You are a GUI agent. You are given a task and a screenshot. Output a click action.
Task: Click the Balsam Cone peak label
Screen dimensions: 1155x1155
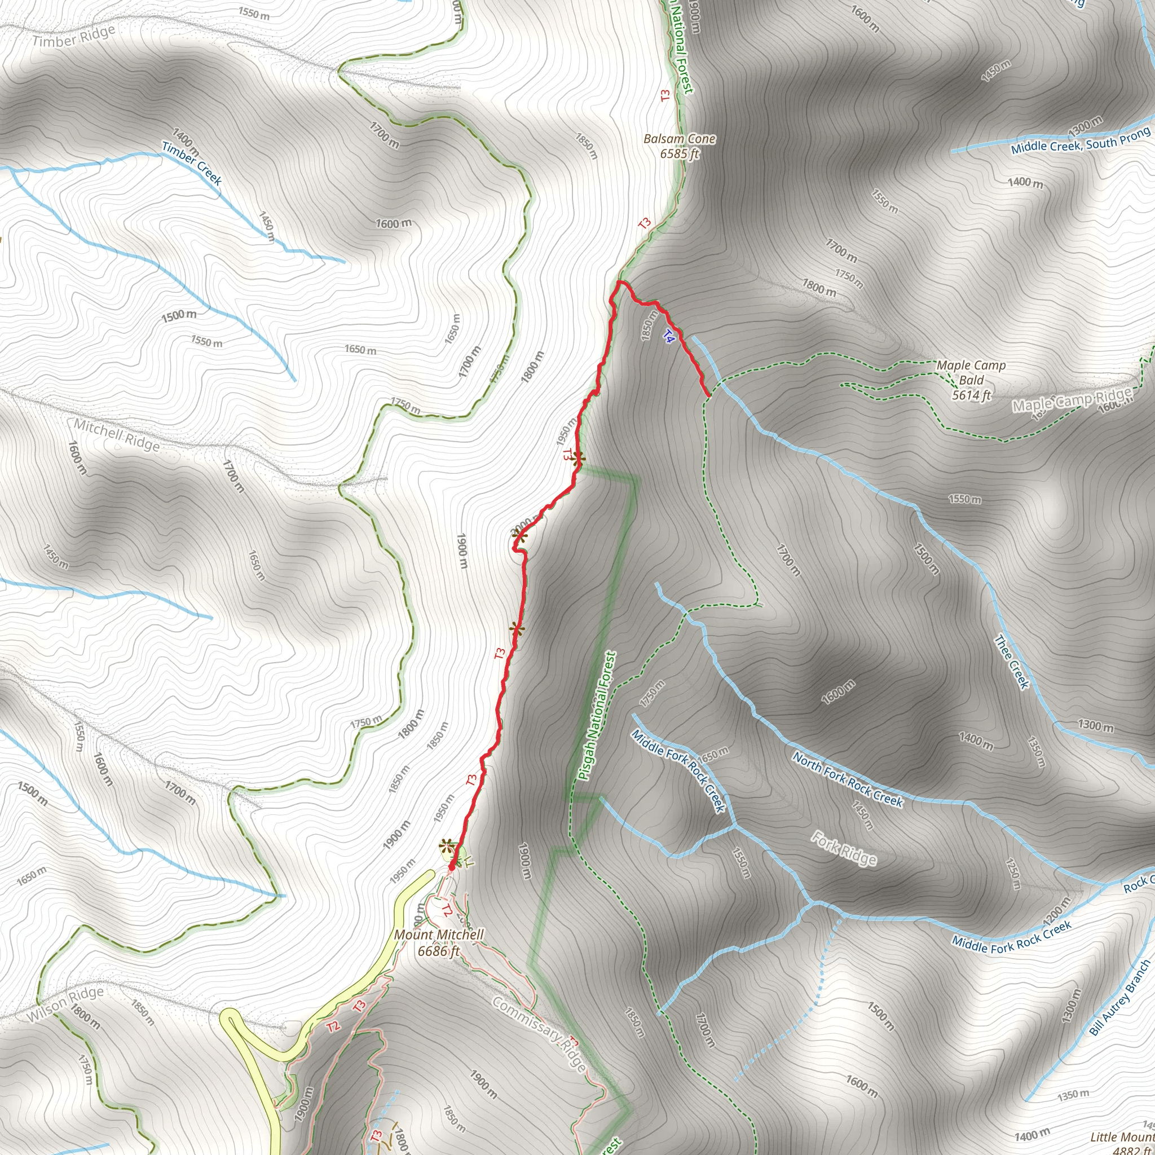coord(679,146)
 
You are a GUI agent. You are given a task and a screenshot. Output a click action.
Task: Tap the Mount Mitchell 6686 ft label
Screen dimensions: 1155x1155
coord(438,942)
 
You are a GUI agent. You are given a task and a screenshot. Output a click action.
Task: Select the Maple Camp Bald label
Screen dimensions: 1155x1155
coord(971,380)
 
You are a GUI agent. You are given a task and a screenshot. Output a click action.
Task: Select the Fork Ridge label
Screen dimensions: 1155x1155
coord(844,848)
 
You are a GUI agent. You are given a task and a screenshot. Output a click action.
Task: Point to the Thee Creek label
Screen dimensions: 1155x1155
coord(1011,662)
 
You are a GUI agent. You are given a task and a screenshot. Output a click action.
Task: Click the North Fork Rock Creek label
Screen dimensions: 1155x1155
coord(847,779)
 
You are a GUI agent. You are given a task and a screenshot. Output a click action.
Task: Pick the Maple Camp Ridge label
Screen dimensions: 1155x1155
coord(1072,400)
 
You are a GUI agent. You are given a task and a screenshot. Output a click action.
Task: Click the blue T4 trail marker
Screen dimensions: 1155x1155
coord(669,337)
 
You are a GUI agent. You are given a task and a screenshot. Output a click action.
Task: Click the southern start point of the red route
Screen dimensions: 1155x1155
coord(451,866)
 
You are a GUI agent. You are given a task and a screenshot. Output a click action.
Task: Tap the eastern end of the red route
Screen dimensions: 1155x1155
coord(708,395)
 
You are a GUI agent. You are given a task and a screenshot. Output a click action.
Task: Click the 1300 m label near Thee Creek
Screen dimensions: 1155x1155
coord(1095,726)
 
